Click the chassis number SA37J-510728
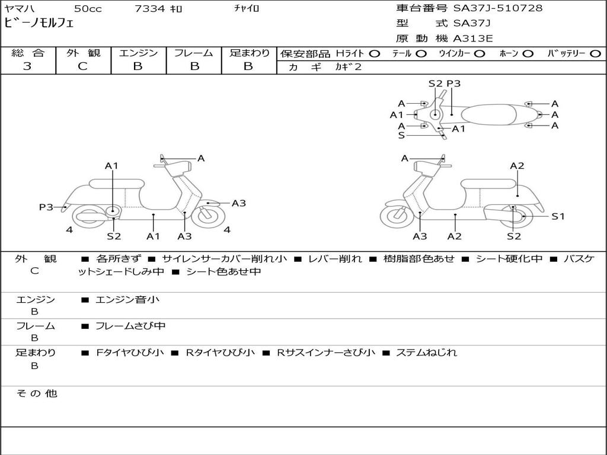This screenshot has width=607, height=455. coord(498,8)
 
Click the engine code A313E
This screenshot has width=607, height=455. coord(473,39)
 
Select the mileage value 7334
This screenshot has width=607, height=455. coord(149,8)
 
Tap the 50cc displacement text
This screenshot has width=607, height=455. coord(88,8)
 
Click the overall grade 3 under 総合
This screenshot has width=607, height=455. coord(27,66)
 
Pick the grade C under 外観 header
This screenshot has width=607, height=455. coord(83,66)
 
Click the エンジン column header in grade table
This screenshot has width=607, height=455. coord(139,53)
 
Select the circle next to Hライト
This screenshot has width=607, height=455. coord(375,54)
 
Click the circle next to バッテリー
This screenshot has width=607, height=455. coord(595,54)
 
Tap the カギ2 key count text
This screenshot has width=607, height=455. coord(349,67)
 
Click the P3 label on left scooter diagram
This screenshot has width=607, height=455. coord(46,207)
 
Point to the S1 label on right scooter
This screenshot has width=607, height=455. coord(558,216)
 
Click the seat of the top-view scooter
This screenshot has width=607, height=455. coord(489,114)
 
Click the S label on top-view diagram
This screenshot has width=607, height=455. coord(401,136)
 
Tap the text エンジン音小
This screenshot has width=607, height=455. coord(127,299)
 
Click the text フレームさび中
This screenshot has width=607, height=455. coord(130,326)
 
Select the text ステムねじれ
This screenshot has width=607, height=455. coord(427,353)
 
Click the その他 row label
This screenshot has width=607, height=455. coord(36,393)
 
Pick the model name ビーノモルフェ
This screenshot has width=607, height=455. coord(39,23)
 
